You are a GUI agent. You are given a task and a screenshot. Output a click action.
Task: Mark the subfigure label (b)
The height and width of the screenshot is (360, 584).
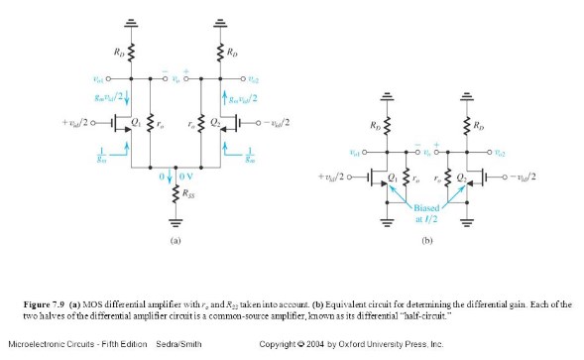(425, 241)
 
